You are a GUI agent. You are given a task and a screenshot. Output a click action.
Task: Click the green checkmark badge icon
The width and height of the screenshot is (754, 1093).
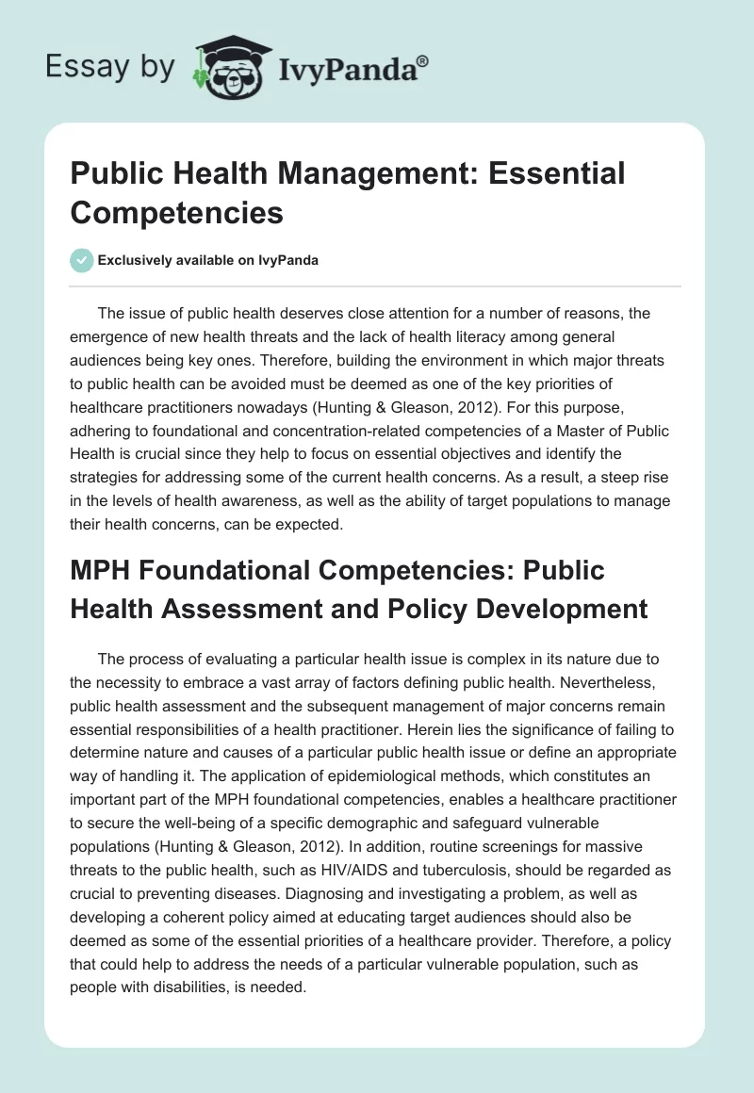[x=82, y=260]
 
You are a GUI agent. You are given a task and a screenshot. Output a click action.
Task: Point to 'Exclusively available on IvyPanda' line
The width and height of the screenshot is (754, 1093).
[x=208, y=261]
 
